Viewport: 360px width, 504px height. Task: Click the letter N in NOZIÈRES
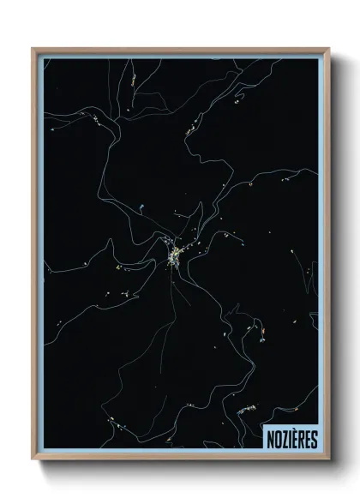click(x=269, y=440)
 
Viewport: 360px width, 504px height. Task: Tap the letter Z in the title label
click(x=283, y=440)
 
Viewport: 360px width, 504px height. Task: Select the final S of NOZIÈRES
click(x=314, y=440)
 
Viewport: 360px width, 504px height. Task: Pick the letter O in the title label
click(x=276, y=440)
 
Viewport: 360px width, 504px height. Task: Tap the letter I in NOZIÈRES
click(x=289, y=440)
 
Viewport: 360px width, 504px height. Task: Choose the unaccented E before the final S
click(x=308, y=440)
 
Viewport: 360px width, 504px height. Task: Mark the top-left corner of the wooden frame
click(x=33, y=48)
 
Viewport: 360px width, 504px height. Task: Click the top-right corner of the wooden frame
click(x=327, y=48)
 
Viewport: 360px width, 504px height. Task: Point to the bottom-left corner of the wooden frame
click(x=33, y=459)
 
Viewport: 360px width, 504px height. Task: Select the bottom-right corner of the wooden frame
click(x=327, y=459)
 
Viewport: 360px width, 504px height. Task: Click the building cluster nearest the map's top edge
click(x=134, y=80)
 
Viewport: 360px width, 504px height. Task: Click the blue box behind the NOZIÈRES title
click(x=291, y=440)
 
